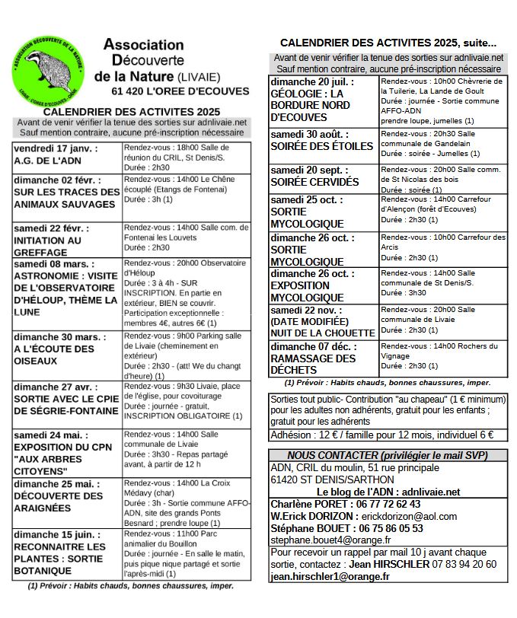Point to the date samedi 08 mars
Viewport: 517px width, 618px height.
click(x=51, y=264)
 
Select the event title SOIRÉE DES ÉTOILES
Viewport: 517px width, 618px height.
click(x=321, y=146)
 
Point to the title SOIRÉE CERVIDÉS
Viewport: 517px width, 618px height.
click(x=314, y=183)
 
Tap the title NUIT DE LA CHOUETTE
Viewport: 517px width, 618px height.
click(x=323, y=331)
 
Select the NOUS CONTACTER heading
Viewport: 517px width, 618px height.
click(x=387, y=455)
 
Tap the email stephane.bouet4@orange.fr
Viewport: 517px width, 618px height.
click(x=329, y=540)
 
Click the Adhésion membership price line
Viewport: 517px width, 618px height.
click(x=381, y=435)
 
